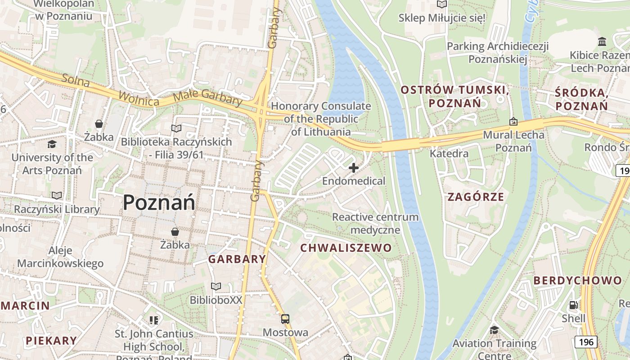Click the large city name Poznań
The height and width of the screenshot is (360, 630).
point(159,202)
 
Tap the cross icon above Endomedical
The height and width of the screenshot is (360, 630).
point(354,168)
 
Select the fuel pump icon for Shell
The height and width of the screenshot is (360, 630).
point(573,305)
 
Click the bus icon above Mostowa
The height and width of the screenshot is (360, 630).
point(285,319)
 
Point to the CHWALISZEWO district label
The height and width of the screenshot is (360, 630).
point(346,248)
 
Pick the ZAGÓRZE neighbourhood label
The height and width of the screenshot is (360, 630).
point(476,197)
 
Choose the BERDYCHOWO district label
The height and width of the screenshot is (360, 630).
point(577,280)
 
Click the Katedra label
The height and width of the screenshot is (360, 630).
point(449,153)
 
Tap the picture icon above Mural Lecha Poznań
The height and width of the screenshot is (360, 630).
point(513,121)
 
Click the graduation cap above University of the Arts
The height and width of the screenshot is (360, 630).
point(52,144)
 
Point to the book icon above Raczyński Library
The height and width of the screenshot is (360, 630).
point(56,195)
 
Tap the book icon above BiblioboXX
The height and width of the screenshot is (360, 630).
point(216,286)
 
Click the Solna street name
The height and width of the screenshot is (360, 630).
point(76,80)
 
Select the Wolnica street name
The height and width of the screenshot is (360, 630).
point(139,99)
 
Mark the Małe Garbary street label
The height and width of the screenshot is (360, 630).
point(207,97)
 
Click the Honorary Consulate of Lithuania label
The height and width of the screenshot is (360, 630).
point(320,119)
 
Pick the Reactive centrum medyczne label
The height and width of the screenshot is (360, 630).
point(375,223)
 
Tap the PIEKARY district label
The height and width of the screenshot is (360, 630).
point(51,341)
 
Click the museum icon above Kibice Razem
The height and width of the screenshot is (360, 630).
point(602,42)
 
